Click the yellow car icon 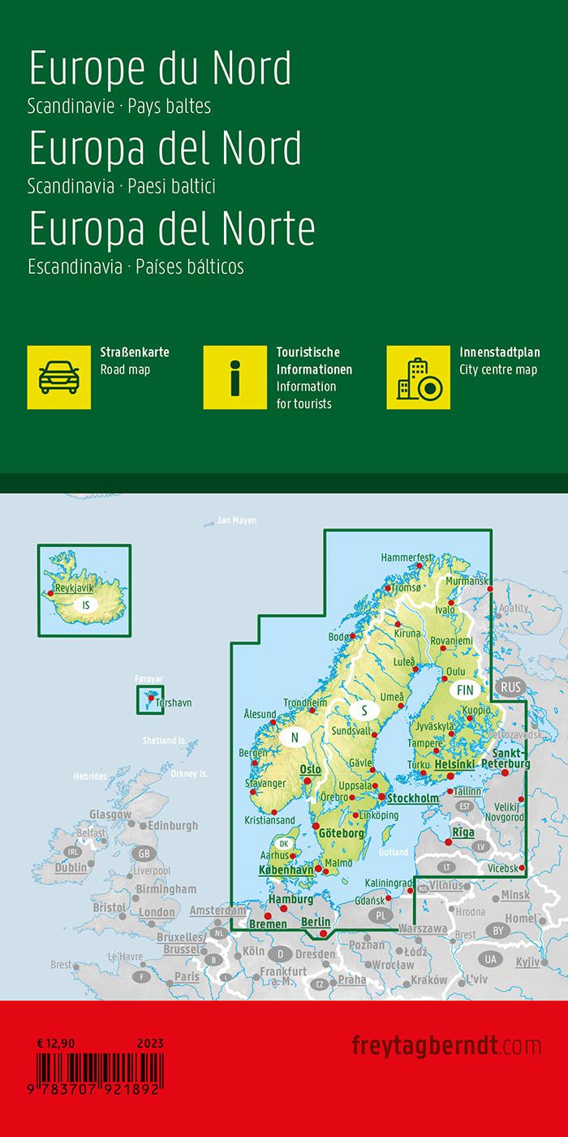59,377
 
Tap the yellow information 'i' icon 235,377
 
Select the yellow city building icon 419,377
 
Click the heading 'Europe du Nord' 160,70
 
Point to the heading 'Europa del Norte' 172,229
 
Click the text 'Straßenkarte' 134,352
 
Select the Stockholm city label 413,798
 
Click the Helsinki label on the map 454,764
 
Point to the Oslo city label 311,769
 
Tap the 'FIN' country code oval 465,690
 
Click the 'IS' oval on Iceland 85,605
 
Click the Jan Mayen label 236,521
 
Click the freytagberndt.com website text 446,1044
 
